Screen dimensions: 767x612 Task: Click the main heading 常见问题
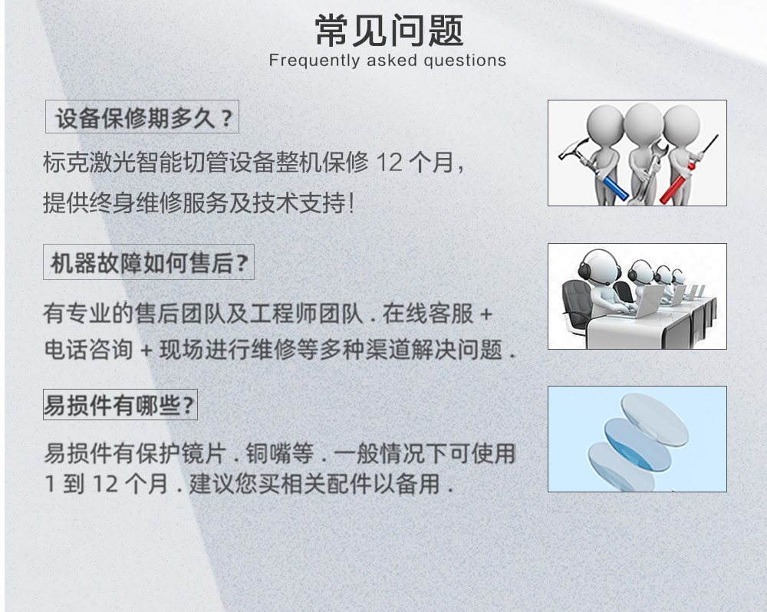(390, 31)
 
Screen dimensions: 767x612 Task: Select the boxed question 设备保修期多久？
(143, 117)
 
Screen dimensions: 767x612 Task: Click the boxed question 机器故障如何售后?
(149, 262)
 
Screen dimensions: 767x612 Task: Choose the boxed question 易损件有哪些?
(120, 405)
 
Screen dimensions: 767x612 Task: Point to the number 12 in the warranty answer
(390, 163)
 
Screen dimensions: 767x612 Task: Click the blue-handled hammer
(594, 166)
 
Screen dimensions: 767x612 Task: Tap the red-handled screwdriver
(689, 171)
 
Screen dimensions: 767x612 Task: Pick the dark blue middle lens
(637, 443)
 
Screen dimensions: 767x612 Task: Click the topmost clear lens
(654, 420)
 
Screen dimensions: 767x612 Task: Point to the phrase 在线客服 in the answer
(427, 314)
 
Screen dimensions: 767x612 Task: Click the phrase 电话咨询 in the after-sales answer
(88, 350)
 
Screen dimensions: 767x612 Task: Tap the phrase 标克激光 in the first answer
(88, 163)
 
